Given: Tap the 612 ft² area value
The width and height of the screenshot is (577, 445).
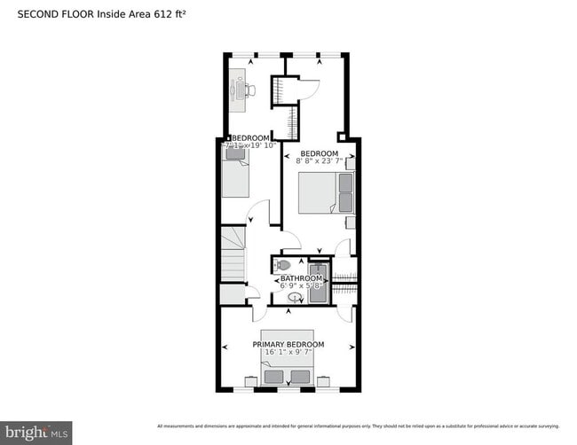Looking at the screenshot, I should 170,15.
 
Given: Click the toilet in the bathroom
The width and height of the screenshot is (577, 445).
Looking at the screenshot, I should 283,264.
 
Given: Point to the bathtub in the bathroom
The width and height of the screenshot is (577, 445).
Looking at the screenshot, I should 317,283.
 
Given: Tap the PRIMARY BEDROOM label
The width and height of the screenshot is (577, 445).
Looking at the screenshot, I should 288,344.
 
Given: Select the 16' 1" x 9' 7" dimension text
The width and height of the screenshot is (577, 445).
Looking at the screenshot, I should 288,353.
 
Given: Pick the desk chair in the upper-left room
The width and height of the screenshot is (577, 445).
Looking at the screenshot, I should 251,90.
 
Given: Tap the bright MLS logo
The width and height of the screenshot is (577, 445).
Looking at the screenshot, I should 36,432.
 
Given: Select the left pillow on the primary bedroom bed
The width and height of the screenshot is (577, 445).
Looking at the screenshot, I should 273,377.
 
